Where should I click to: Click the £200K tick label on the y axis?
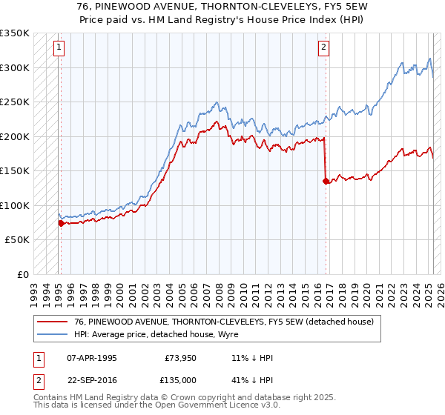[14, 136]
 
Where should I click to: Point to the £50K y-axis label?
[17, 240]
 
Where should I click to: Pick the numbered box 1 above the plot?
[59, 47]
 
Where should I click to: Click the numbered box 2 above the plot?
[324, 47]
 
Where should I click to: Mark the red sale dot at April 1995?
[61, 223]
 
